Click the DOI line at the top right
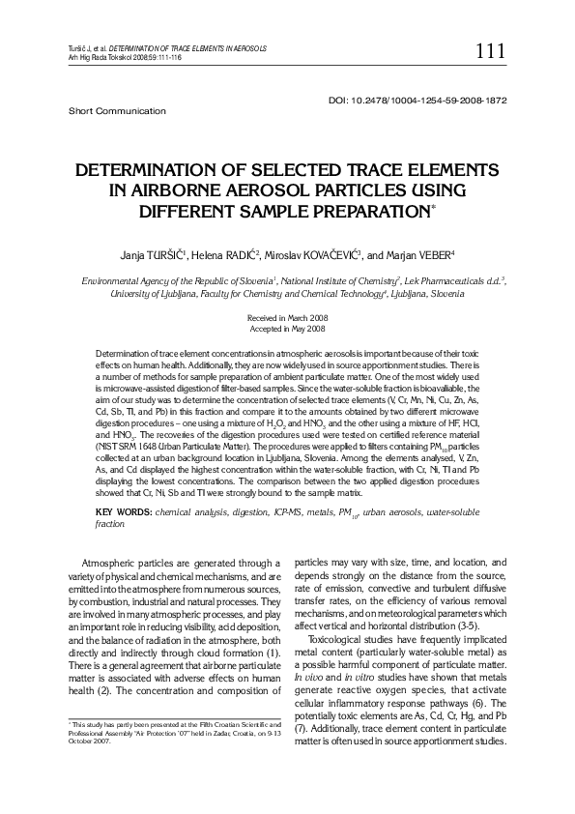point(418,101)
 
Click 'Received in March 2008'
point(287,317)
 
